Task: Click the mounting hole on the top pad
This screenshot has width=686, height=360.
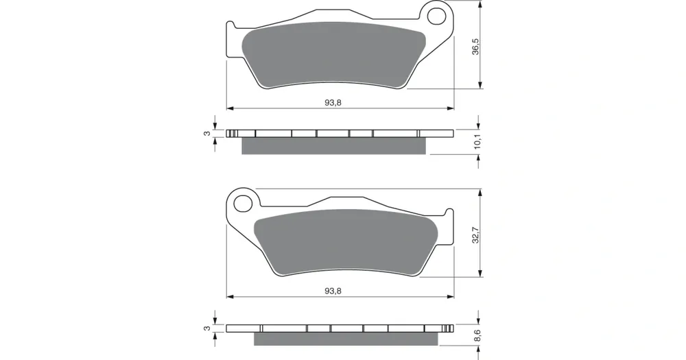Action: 436,16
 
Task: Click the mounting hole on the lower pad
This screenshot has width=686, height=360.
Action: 241,204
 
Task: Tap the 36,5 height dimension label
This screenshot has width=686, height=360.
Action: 475,47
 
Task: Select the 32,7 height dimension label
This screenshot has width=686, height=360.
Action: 475,235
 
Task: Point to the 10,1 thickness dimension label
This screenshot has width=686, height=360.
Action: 477,142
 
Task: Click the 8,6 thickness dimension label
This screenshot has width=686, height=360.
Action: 477,336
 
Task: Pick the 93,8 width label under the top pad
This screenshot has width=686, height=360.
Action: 333,103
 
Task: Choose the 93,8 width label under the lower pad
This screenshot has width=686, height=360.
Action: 333,291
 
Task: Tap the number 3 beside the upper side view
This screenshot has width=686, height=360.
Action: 207,133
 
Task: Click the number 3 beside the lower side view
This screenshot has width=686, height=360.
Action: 207,328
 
